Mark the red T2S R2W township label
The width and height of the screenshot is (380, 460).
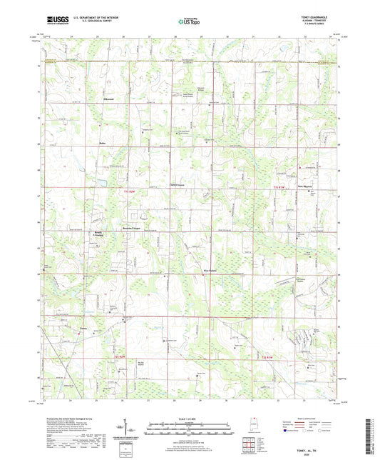tap(123, 356)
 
